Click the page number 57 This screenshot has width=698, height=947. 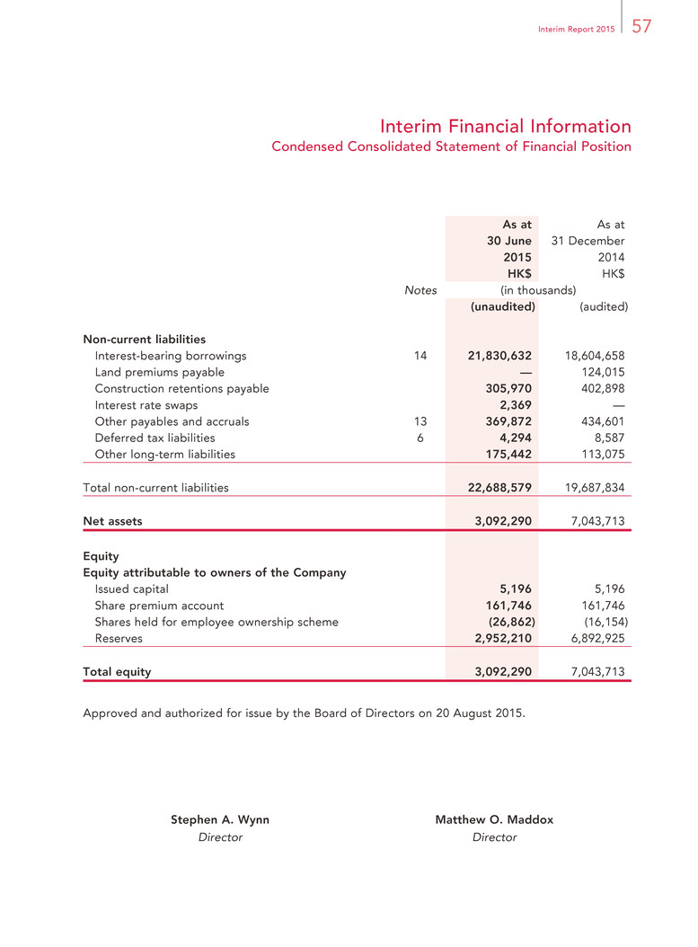pos(641,27)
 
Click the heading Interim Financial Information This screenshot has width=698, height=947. pos(505,126)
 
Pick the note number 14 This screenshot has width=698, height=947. pos(420,356)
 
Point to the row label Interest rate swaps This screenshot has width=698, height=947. pos(146,405)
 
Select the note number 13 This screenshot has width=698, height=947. pos(420,421)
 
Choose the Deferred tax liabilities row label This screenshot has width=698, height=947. pos(155,438)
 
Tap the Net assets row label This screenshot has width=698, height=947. pos(112,520)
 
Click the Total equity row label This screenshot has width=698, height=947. pos(117,671)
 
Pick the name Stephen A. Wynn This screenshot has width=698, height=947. pos(220,820)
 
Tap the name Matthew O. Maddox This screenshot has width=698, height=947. pos(494,820)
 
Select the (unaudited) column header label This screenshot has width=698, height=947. pos(503,306)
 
